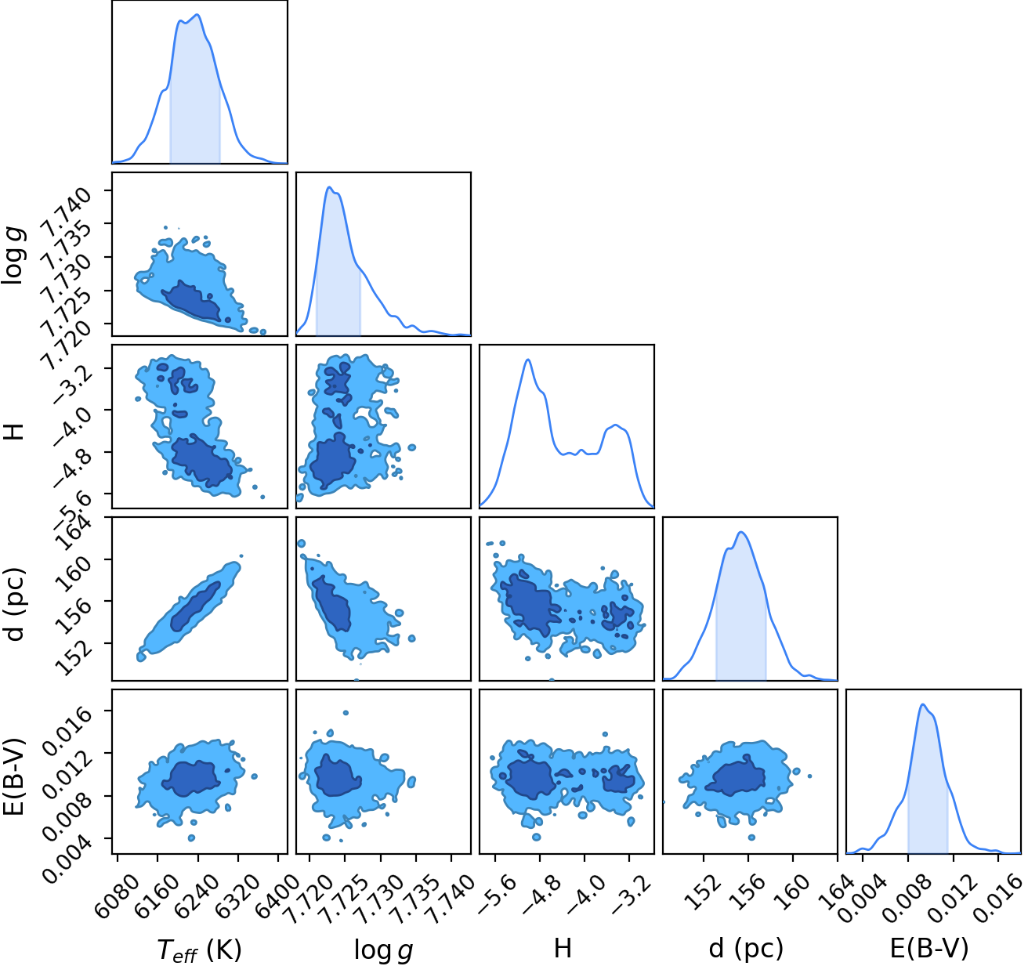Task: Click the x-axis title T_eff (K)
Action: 199,949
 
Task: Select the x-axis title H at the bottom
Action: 563,948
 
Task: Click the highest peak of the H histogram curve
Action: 528,360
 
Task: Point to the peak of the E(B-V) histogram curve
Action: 922,704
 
